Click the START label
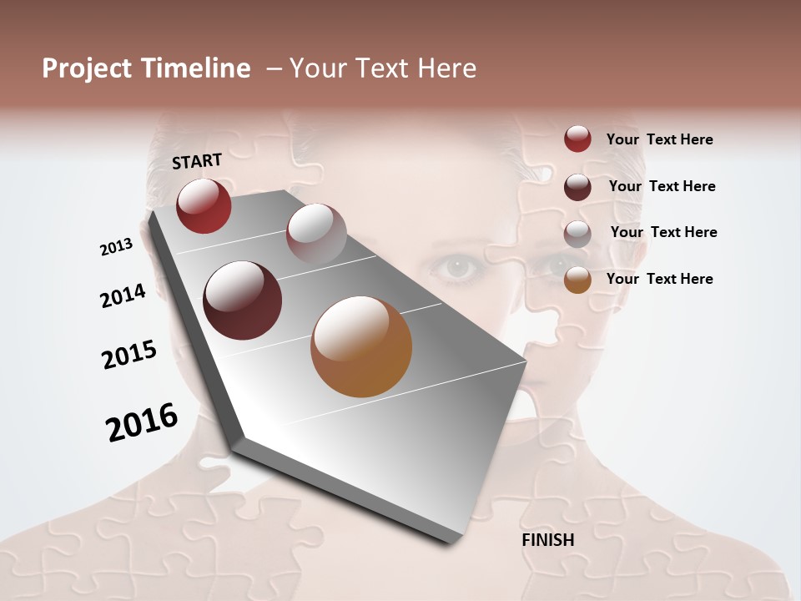pos(197,161)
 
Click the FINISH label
pos(547,540)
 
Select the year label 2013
pos(116,247)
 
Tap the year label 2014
pos(123,295)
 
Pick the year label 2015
pos(129,355)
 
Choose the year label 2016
pos(142,422)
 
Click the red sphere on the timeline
pos(204,205)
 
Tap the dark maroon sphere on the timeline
pos(242,300)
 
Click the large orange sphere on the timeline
pos(361,346)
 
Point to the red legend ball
pos(577,139)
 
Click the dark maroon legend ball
pos(577,187)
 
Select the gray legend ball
pos(577,234)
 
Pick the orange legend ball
pos(577,280)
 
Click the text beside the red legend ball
pos(659,139)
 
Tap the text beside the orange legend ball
pos(659,279)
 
